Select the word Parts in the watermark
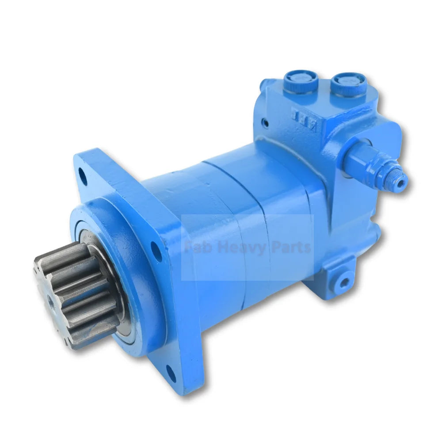290,248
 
